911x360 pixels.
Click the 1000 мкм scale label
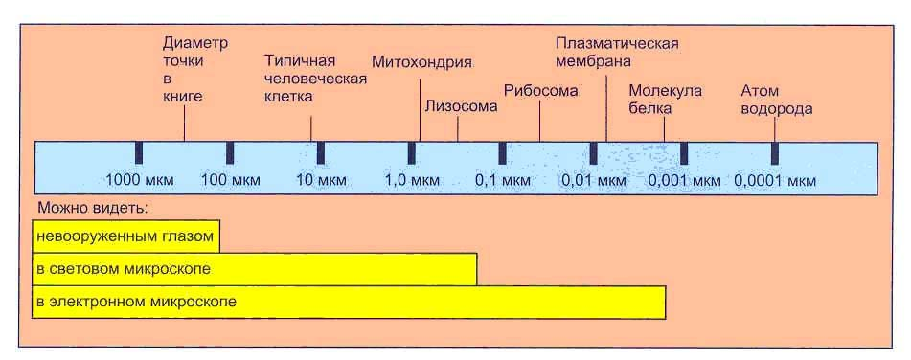(x=138, y=180)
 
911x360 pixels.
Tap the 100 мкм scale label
(x=230, y=180)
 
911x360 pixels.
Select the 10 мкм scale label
(x=320, y=180)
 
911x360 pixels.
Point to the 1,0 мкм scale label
(x=412, y=180)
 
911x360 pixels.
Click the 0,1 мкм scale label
(x=502, y=180)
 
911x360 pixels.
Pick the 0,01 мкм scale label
(x=593, y=180)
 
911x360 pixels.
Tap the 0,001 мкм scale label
(x=684, y=180)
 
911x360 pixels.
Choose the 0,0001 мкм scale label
(x=775, y=180)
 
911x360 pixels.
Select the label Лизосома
(x=460, y=106)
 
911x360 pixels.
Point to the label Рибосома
(x=541, y=91)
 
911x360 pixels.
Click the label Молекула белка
(x=665, y=99)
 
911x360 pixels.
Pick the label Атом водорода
(x=776, y=99)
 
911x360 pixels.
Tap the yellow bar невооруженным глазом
(x=125, y=236)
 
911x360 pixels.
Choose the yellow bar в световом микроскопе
(x=254, y=269)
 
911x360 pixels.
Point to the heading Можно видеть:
(x=98, y=208)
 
